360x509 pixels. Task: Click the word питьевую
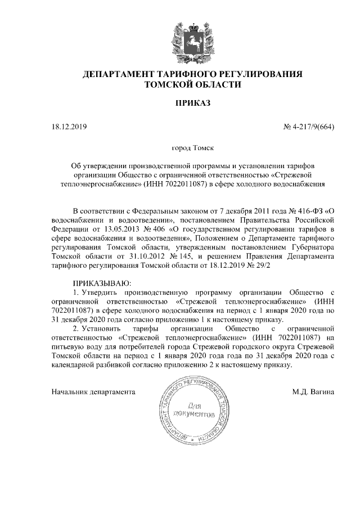(x=67, y=346)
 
